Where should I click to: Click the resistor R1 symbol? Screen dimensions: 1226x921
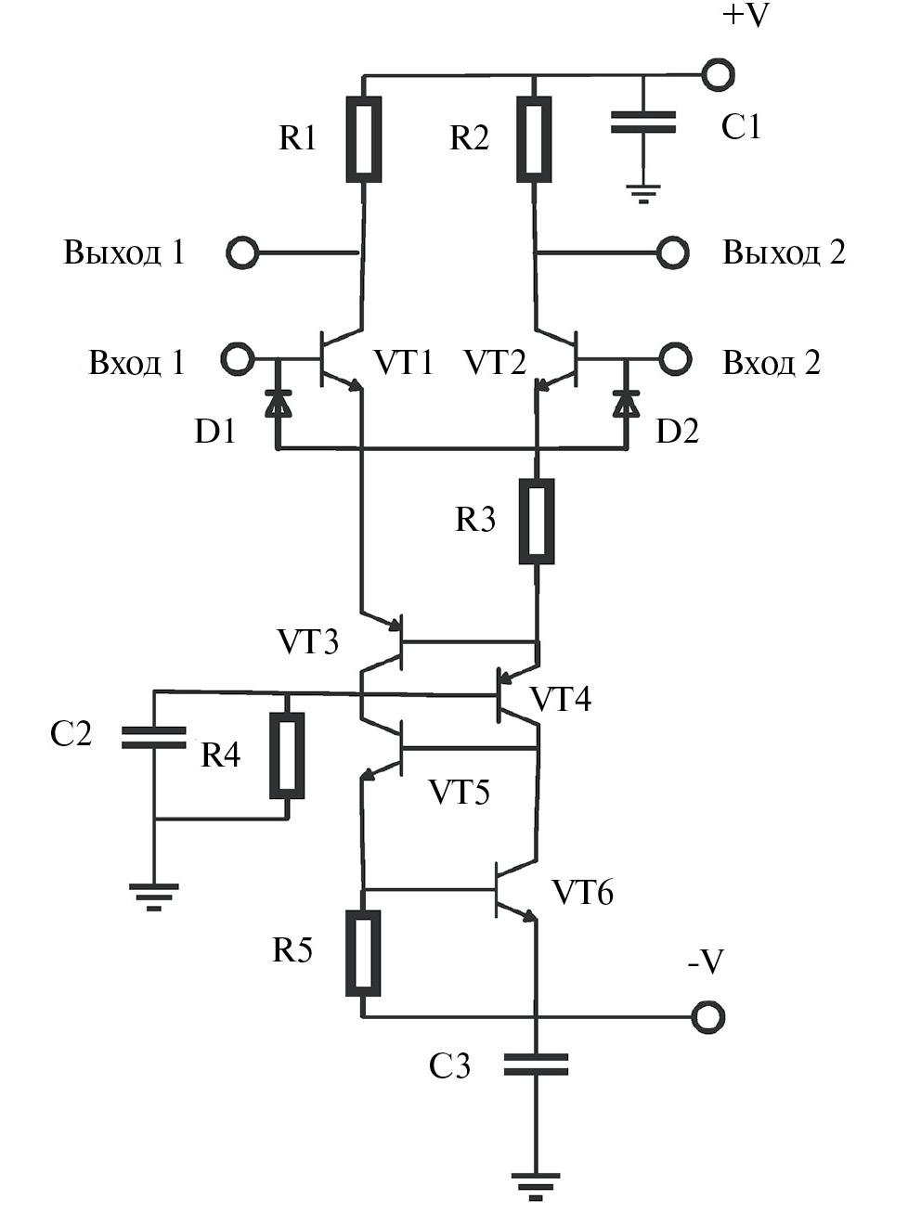[x=363, y=138]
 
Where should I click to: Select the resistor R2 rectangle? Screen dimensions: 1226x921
[x=534, y=138]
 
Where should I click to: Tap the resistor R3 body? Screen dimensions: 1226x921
[x=536, y=521]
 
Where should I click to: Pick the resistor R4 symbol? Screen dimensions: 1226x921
[x=287, y=755]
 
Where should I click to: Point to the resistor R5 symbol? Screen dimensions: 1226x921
[x=363, y=953]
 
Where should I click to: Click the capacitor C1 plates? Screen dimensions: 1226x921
[x=642, y=123]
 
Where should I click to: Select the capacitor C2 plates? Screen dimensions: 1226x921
[x=154, y=738]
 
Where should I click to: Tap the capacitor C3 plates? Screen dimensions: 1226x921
[x=536, y=1065]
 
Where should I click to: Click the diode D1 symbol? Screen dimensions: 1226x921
[x=277, y=404]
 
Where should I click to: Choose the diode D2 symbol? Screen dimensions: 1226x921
[x=626, y=404]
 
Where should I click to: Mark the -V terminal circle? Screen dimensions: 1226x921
[x=708, y=1017]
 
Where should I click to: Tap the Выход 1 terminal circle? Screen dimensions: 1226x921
[x=241, y=252]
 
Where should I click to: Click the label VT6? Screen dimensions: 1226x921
[x=582, y=893]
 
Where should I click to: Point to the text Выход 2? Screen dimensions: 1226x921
[x=784, y=252]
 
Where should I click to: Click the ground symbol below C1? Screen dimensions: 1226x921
[x=642, y=194]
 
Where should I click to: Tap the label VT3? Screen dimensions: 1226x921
[x=307, y=641]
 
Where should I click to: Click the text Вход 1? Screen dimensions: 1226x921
[x=136, y=362]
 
